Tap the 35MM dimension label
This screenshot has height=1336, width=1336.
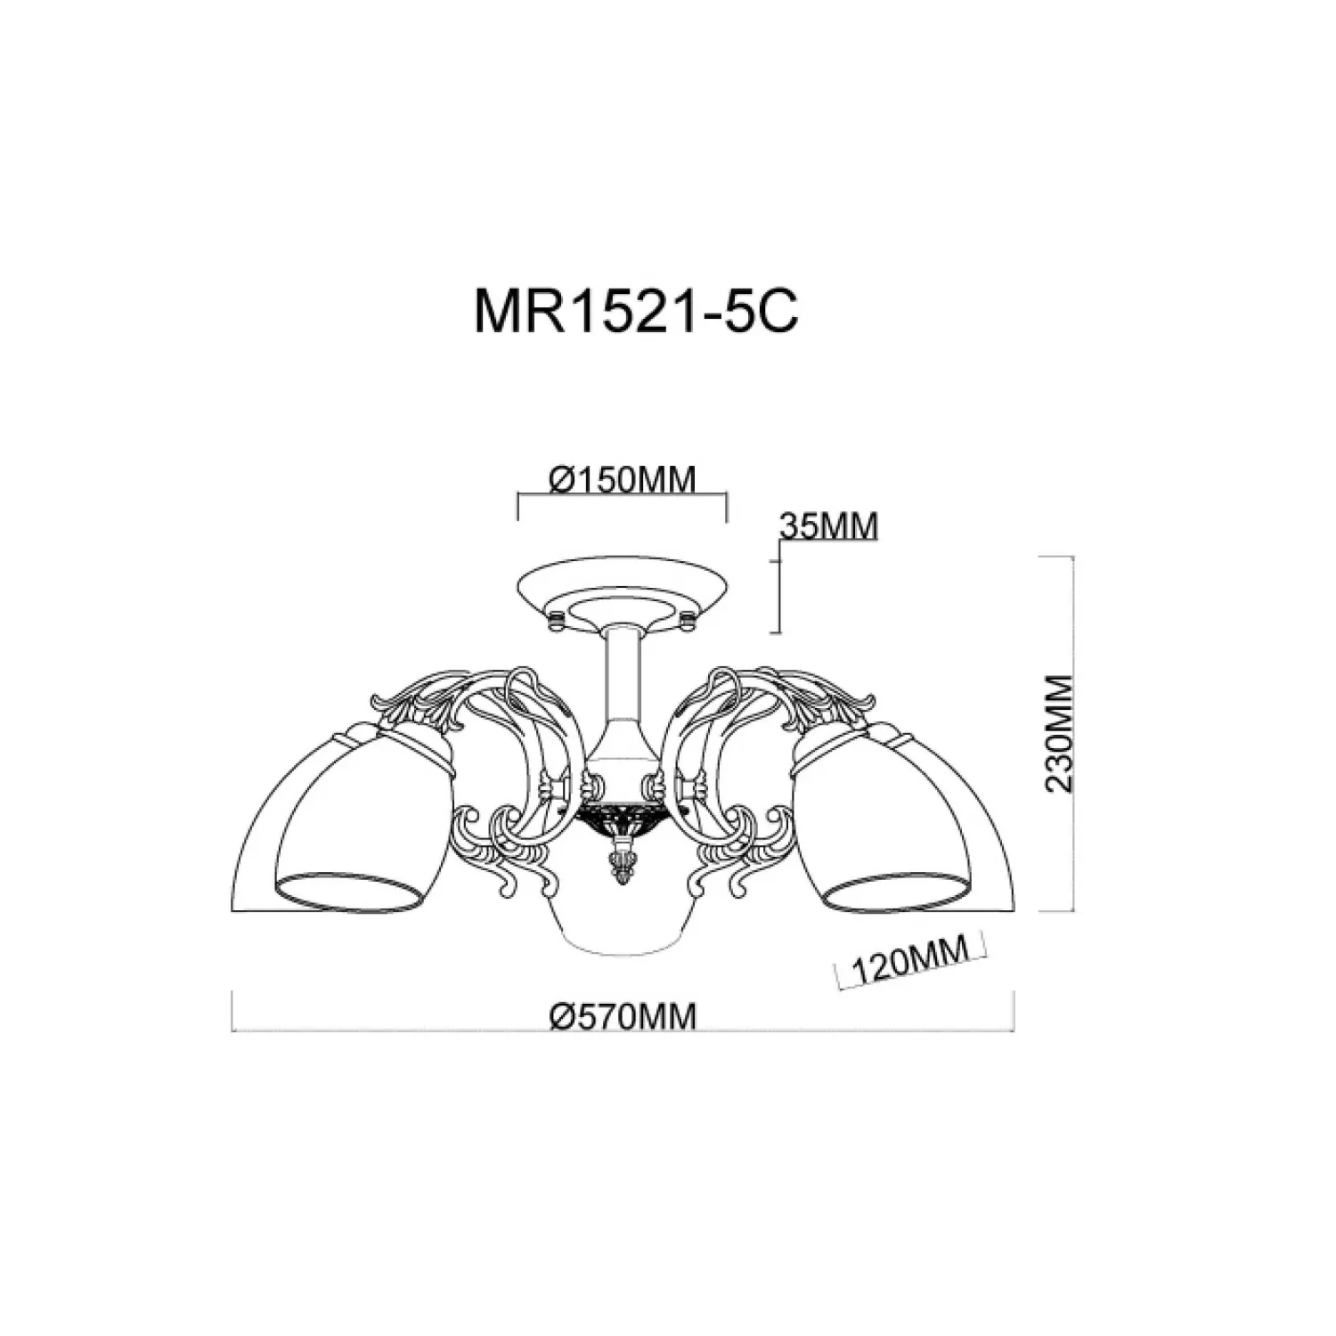tap(828, 526)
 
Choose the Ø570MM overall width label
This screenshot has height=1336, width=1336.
tap(623, 1015)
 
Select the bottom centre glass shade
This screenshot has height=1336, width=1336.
tap(623, 926)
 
